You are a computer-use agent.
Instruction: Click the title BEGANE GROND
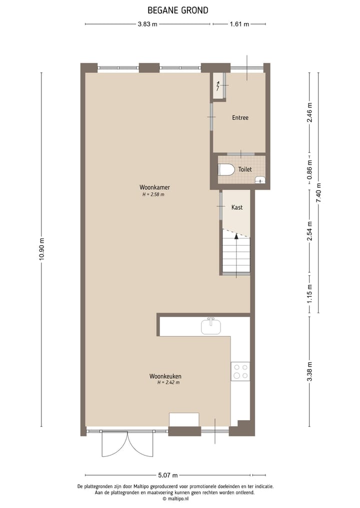pos(178,10)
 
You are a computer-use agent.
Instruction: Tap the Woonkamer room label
pos(151,188)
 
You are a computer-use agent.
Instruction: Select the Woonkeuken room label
pos(165,376)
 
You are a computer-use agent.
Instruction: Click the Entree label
pos(240,118)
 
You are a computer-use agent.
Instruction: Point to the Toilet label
pos(245,170)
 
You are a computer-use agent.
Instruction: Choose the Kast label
pos(236,207)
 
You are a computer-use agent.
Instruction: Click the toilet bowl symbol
pos(226,170)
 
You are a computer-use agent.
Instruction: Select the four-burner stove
pos(240,371)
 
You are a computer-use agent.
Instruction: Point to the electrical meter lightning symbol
pos(218,86)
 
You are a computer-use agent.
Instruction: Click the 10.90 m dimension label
pos(42,248)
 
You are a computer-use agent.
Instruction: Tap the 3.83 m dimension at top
pos(147,23)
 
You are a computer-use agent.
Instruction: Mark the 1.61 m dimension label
pos(239,23)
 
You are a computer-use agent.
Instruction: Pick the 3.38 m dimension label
pos(310,371)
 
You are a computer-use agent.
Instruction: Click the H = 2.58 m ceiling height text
pos(153,195)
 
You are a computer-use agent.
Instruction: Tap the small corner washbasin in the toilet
pos(259,180)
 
